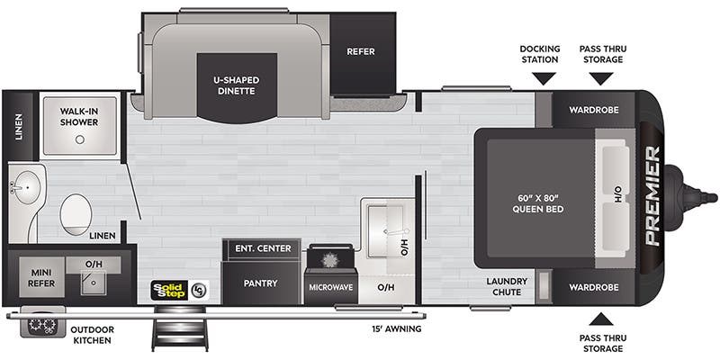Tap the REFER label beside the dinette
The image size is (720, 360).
pos(361,51)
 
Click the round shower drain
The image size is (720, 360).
pos(80,140)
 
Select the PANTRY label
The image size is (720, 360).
pos(261,283)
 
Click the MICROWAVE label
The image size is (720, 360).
pos(331,287)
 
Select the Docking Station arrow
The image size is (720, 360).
pos(544,79)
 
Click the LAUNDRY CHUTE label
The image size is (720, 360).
pos(508,287)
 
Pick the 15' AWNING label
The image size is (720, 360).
pos(396,328)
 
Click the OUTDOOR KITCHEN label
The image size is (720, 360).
pos(92,335)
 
